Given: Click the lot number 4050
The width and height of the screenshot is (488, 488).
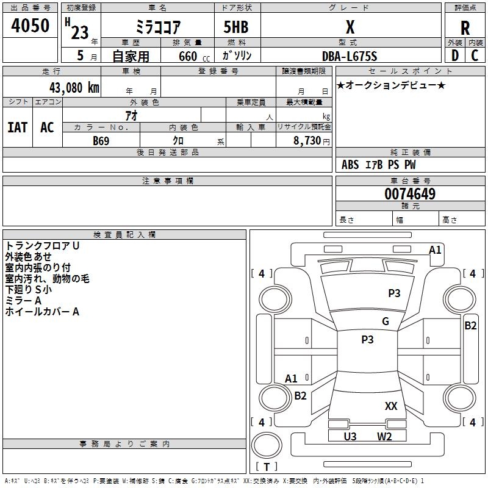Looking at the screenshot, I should (30, 26).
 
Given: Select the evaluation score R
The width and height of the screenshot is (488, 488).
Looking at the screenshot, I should (465, 28).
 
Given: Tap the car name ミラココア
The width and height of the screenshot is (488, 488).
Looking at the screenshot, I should (157, 28).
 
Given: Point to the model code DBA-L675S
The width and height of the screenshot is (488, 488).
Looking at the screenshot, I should (350, 57).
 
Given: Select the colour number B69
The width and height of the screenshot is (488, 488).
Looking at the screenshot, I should (101, 141).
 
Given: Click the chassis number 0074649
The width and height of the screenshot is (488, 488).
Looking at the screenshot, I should (410, 194).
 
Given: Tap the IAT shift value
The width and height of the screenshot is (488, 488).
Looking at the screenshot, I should (17, 127).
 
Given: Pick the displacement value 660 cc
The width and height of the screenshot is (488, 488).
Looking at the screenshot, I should (184, 57).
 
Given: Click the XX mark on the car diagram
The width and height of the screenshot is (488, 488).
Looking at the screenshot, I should (391, 406).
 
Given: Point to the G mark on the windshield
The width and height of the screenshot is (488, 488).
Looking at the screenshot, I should (386, 321).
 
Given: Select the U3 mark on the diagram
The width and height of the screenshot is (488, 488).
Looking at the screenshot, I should (350, 436).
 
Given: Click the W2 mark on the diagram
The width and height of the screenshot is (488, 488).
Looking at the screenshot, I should (384, 436).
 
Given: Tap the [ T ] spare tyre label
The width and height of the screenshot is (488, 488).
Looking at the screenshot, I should (267, 467).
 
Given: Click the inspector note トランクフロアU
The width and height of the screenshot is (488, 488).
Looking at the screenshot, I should (42, 245).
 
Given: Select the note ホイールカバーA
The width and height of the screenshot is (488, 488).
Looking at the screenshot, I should (42, 312).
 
